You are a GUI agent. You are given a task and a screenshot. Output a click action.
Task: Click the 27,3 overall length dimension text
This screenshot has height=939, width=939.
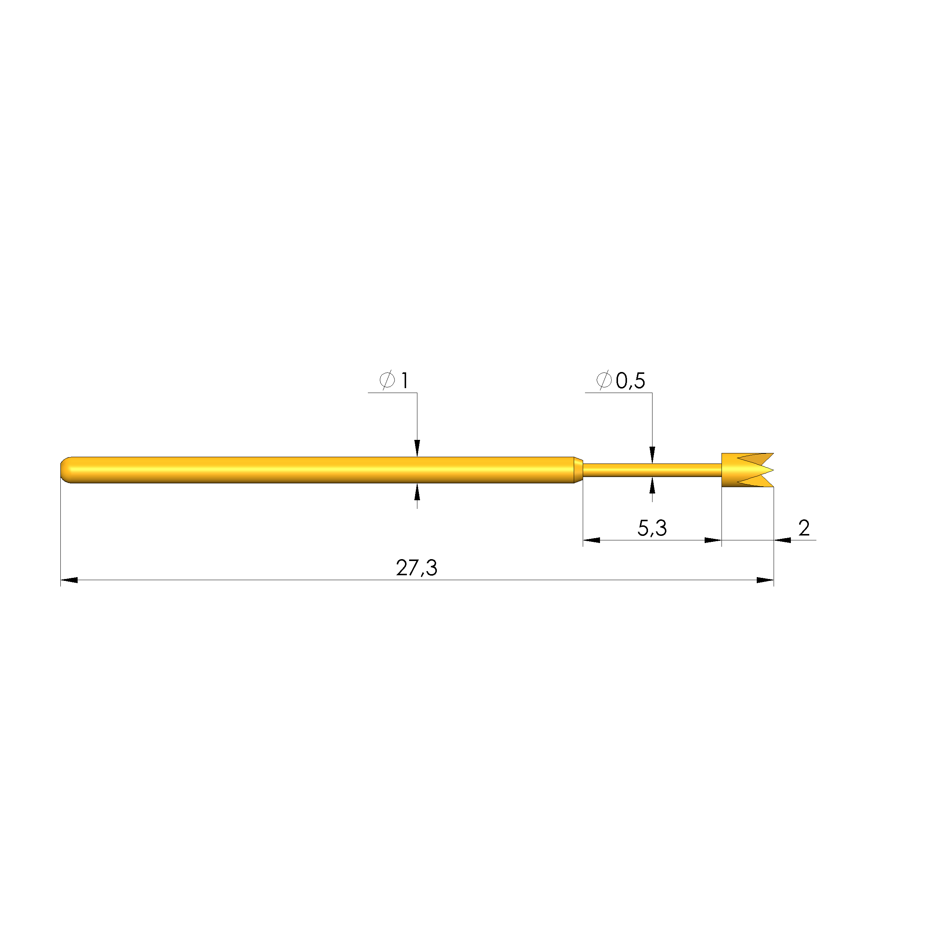(417, 568)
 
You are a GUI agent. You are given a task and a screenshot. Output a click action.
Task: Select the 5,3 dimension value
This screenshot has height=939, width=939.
(652, 528)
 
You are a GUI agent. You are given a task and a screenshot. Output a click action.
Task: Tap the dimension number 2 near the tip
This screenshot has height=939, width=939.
(804, 528)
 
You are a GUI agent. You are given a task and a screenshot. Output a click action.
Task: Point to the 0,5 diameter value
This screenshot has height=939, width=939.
(630, 381)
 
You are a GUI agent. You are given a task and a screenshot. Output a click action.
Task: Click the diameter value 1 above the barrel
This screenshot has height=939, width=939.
(404, 380)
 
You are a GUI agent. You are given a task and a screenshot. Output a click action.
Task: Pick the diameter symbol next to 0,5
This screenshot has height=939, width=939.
(604, 380)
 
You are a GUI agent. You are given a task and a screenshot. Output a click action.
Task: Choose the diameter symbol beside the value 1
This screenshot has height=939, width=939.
(387, 380)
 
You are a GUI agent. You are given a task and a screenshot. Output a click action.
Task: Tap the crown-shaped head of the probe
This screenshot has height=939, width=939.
(747, 470)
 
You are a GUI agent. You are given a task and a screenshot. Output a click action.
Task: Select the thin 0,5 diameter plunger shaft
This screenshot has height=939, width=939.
(652, 470)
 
